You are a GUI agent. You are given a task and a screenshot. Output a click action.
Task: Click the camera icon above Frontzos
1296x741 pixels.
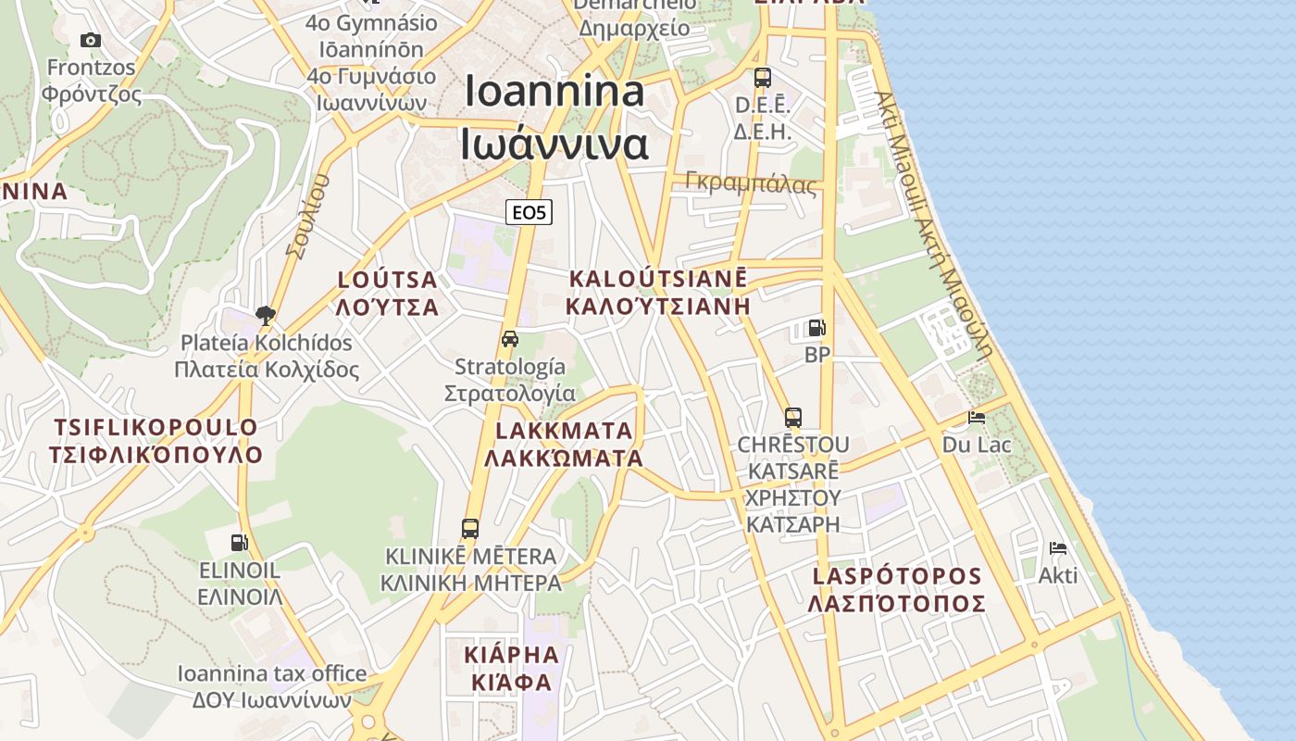tap(90, 40)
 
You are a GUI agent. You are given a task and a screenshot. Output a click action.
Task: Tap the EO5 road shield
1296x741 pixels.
tap(530, 212)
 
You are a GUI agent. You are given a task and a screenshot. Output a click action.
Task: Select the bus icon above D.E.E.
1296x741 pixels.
tap(762, 78)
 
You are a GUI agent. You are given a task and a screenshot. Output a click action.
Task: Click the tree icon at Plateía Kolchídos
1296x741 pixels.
tap(266, 315)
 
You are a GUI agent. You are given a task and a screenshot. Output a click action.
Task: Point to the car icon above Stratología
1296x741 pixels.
tap(510, 339)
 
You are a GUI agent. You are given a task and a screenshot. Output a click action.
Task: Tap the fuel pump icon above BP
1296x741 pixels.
tap(816, 328)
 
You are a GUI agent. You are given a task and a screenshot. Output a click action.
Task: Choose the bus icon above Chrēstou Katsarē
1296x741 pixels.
tap(792, 418)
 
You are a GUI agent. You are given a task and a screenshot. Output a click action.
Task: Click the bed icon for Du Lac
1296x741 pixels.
tap(977, 418)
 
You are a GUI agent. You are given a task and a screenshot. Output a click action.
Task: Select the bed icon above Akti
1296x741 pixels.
tap(1058, 548)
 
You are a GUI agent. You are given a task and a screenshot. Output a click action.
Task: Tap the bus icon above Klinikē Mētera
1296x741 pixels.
tap(470, 529)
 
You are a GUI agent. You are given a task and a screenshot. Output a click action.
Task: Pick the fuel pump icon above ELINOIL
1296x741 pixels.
tap(240, 542)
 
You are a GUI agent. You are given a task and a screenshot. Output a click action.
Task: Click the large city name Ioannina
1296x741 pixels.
tap(555, 91)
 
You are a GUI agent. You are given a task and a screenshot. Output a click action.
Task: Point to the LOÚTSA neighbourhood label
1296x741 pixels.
tap(388, 280)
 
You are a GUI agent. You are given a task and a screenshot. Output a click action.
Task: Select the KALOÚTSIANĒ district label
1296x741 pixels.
tap(657, 279)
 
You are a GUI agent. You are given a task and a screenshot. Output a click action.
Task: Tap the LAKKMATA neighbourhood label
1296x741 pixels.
tap(564, 431)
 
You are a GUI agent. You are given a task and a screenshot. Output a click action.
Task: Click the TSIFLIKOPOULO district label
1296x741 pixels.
tap(156, 428)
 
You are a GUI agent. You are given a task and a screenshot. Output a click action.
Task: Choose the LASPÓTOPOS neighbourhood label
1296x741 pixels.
tap(896, 576)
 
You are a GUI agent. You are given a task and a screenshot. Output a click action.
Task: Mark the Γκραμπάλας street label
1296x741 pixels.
tap(752, 182)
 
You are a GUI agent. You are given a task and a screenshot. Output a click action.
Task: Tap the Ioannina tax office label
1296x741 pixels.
tap(272, 674)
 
